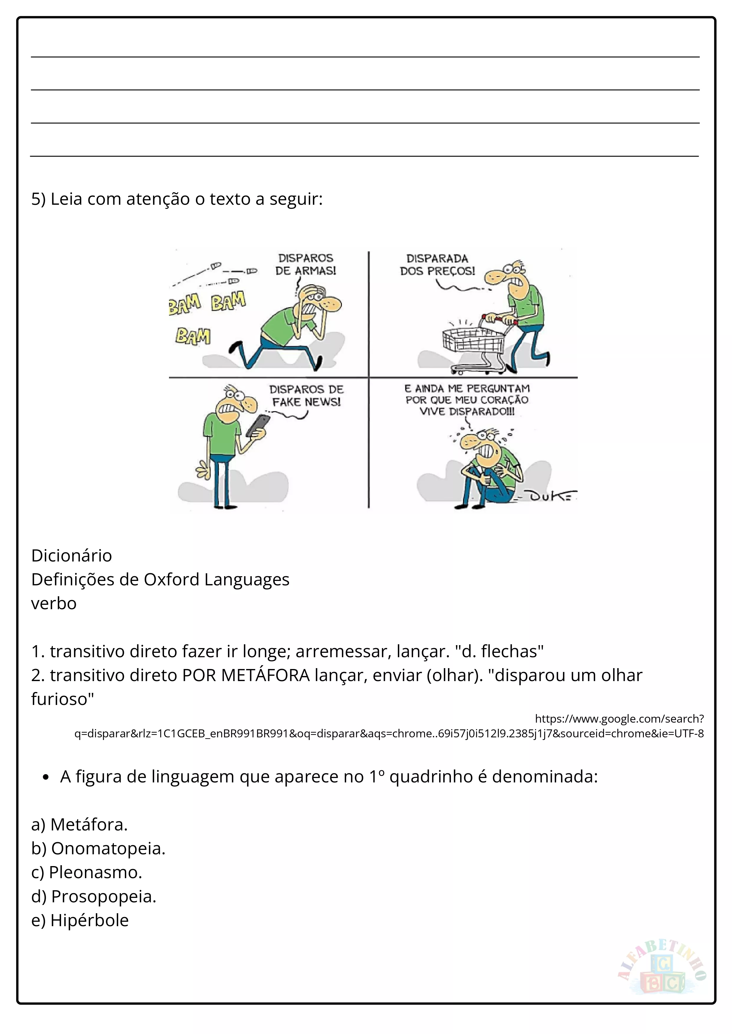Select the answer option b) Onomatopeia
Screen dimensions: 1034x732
98,848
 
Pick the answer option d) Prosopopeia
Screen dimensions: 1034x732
94,896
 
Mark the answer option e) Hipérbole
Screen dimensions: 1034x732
80,920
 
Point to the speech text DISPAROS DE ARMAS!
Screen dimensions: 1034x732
306,264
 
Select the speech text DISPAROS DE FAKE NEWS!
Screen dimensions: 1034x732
306,395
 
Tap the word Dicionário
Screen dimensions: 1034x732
71,556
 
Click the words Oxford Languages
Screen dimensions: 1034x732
216,579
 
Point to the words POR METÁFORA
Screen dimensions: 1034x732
246,675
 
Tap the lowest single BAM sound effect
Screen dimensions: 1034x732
193,336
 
